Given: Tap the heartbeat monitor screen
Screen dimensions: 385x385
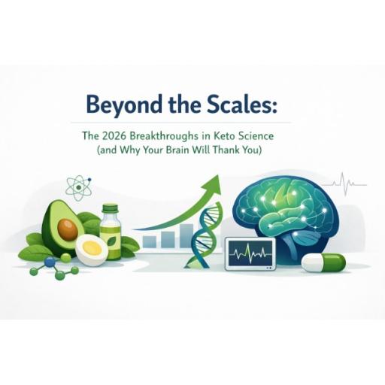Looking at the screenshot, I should coord(250,255).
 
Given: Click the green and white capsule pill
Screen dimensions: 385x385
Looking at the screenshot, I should coord(323,262).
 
